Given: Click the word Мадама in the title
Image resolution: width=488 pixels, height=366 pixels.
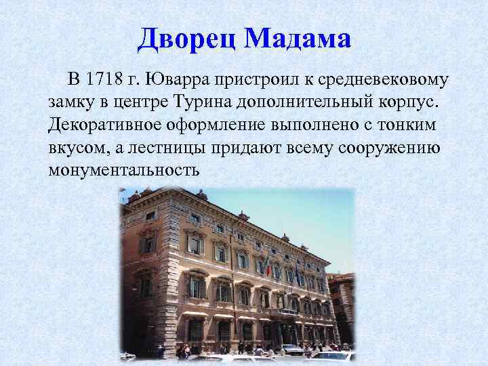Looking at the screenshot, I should coord(298,39).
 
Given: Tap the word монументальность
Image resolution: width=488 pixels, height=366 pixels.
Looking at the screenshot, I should coord(125,169).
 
